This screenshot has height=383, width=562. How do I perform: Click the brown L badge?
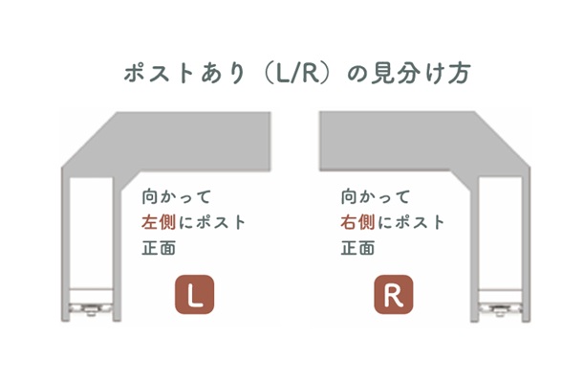pyautogui.click(x=194, y=294)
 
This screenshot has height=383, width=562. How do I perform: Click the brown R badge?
pyautogui.click(x=394, y=294)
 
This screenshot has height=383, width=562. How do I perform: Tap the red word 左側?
pyautogui.click(x=159, y=222)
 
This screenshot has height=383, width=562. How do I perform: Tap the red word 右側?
pyautogui.click(x=357, y=222)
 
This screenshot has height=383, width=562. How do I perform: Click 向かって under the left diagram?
pyautogui.click(x=176, y=197)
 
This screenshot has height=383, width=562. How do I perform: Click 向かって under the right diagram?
pyautogui.click(x=376, y=197)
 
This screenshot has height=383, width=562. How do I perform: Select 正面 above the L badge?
pyautogui.click(x=159, y=248)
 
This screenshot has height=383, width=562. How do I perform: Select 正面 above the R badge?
pyautogui.click(x=358, y=248)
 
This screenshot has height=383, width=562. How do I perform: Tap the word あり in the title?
pyautogui.click(x=223, y=73)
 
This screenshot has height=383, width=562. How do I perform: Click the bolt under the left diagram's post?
pyautogui.click(x=91, y=310)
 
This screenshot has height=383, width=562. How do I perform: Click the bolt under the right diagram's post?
pyautogui.click(x=499, y=310)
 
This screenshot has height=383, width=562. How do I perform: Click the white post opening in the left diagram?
pyautogui.click(x=91, y=234)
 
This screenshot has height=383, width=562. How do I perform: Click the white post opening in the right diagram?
pyautogui.click(x=501, y=234)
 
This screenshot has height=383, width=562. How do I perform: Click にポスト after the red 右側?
pyautogui.click(x=411, y=222)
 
